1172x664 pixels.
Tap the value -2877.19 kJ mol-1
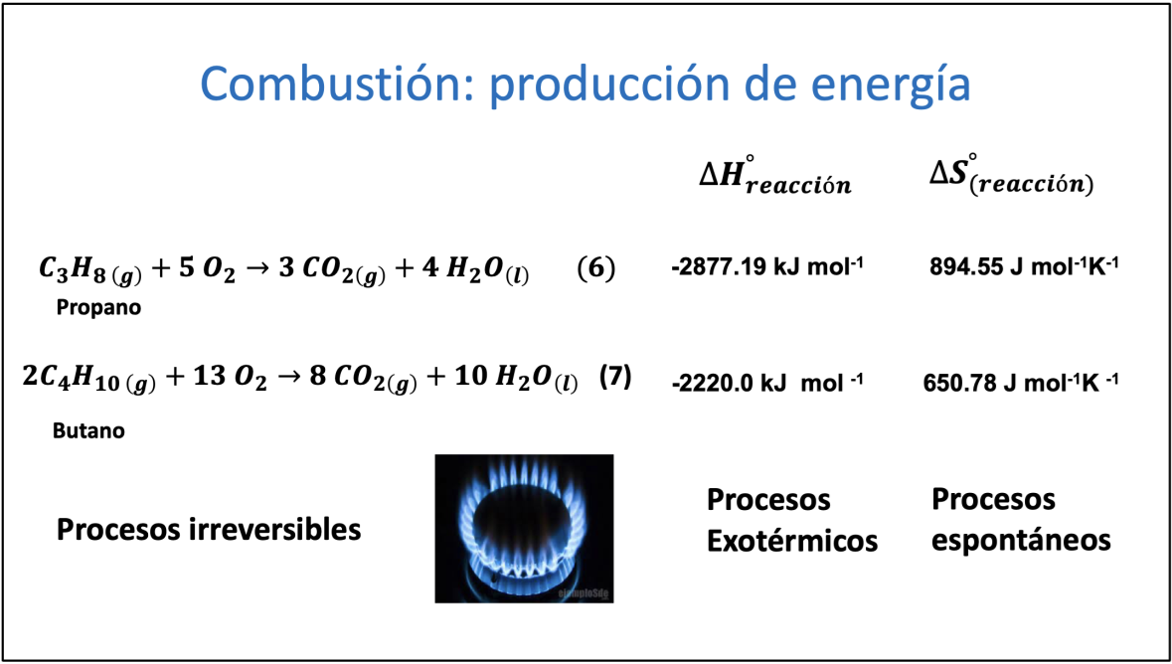[x=766, y=267]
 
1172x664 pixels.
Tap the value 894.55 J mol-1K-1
[x=1023, y=267]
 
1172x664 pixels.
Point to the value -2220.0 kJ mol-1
[x=766, y=382]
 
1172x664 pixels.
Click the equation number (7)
[x=613, y=377]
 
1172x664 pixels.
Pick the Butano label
[x=88, y=430]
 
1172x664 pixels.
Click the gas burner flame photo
[x=524, y=528]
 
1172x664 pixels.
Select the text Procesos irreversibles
[x=209, y=530]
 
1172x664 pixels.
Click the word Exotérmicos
[x=792, y=541]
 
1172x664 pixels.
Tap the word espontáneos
[x=1021, y=541]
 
